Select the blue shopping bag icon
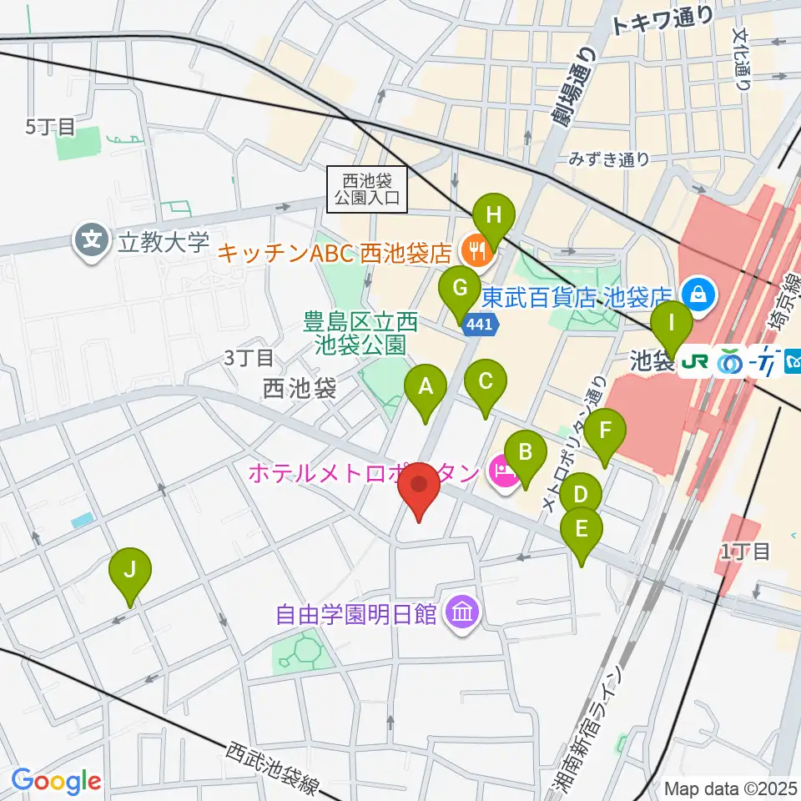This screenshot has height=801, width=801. (x=696, y=293)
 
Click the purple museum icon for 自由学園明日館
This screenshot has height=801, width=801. (x=460, y=615)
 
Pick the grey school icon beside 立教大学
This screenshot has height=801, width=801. (x=90, y=242)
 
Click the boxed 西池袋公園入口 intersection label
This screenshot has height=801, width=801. (x=368, y=188)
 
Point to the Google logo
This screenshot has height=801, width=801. (x=56, y=781)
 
